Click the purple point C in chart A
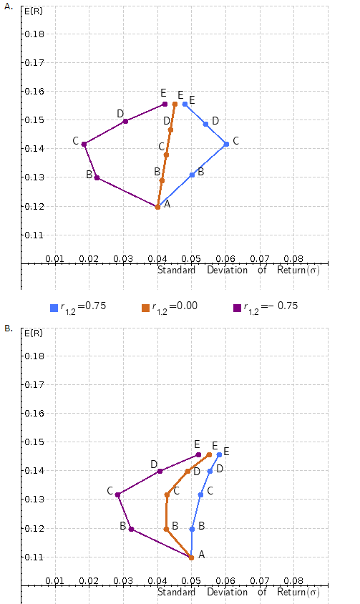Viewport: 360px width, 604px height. coord(84,144)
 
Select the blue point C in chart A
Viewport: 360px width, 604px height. coord(226,144)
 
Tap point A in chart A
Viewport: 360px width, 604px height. coord(157,207)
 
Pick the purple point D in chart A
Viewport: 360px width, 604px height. coord(125,121)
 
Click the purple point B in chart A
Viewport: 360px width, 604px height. coord(97,177)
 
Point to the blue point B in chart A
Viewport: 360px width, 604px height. coord(192,175)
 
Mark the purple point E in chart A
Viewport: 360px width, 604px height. coord(165,104)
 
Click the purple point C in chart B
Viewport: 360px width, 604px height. coord(117,495)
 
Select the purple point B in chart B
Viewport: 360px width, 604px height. coord(131,529)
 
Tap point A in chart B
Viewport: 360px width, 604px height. coord(191,557)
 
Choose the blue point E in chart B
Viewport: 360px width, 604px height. coord(219,454)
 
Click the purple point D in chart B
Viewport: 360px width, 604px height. coord(160,471)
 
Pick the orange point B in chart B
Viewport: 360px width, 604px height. coord(166,529)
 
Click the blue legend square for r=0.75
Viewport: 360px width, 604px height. coord(54,308)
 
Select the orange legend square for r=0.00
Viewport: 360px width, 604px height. coord(145,308)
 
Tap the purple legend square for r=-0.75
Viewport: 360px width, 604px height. coord(237,308)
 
